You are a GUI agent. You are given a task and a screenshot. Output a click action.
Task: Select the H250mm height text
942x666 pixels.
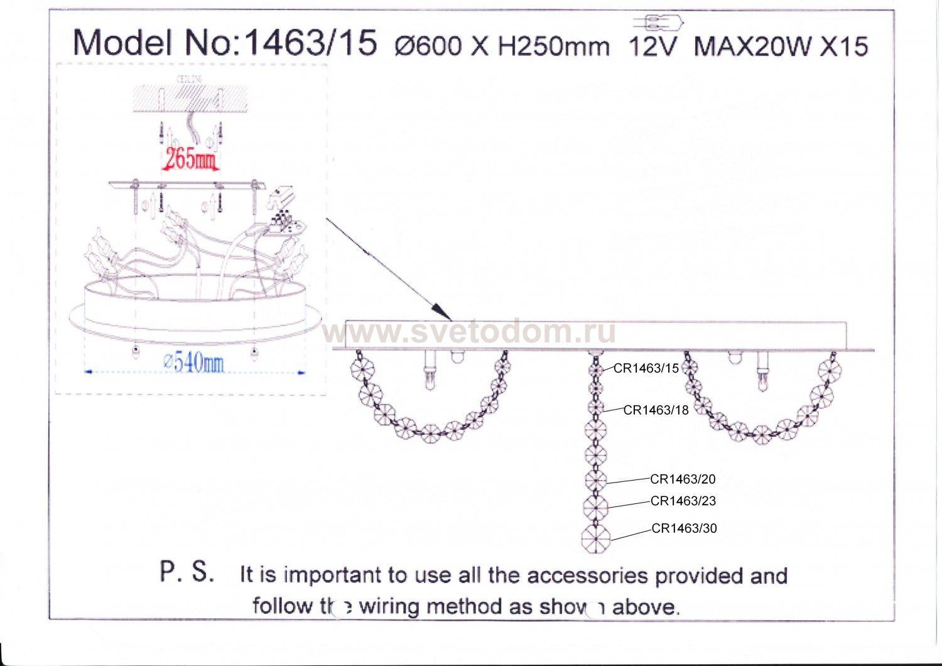(553, 46)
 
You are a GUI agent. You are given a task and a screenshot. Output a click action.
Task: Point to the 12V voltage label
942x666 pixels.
(653, 46)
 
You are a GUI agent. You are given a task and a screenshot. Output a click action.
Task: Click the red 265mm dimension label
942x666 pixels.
(190, 159)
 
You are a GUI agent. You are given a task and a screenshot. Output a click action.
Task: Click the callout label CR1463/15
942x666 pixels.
(646, 368)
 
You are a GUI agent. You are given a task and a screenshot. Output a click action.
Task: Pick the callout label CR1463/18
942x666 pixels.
(656, 410)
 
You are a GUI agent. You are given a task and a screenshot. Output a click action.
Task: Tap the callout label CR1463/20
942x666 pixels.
(683, 479)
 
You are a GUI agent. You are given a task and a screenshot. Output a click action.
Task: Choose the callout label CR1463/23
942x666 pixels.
(683, 501)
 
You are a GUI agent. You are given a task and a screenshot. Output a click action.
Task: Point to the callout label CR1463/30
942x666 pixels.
(684, 528)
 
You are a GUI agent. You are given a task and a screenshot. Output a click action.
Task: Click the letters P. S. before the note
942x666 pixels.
(187, 571)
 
